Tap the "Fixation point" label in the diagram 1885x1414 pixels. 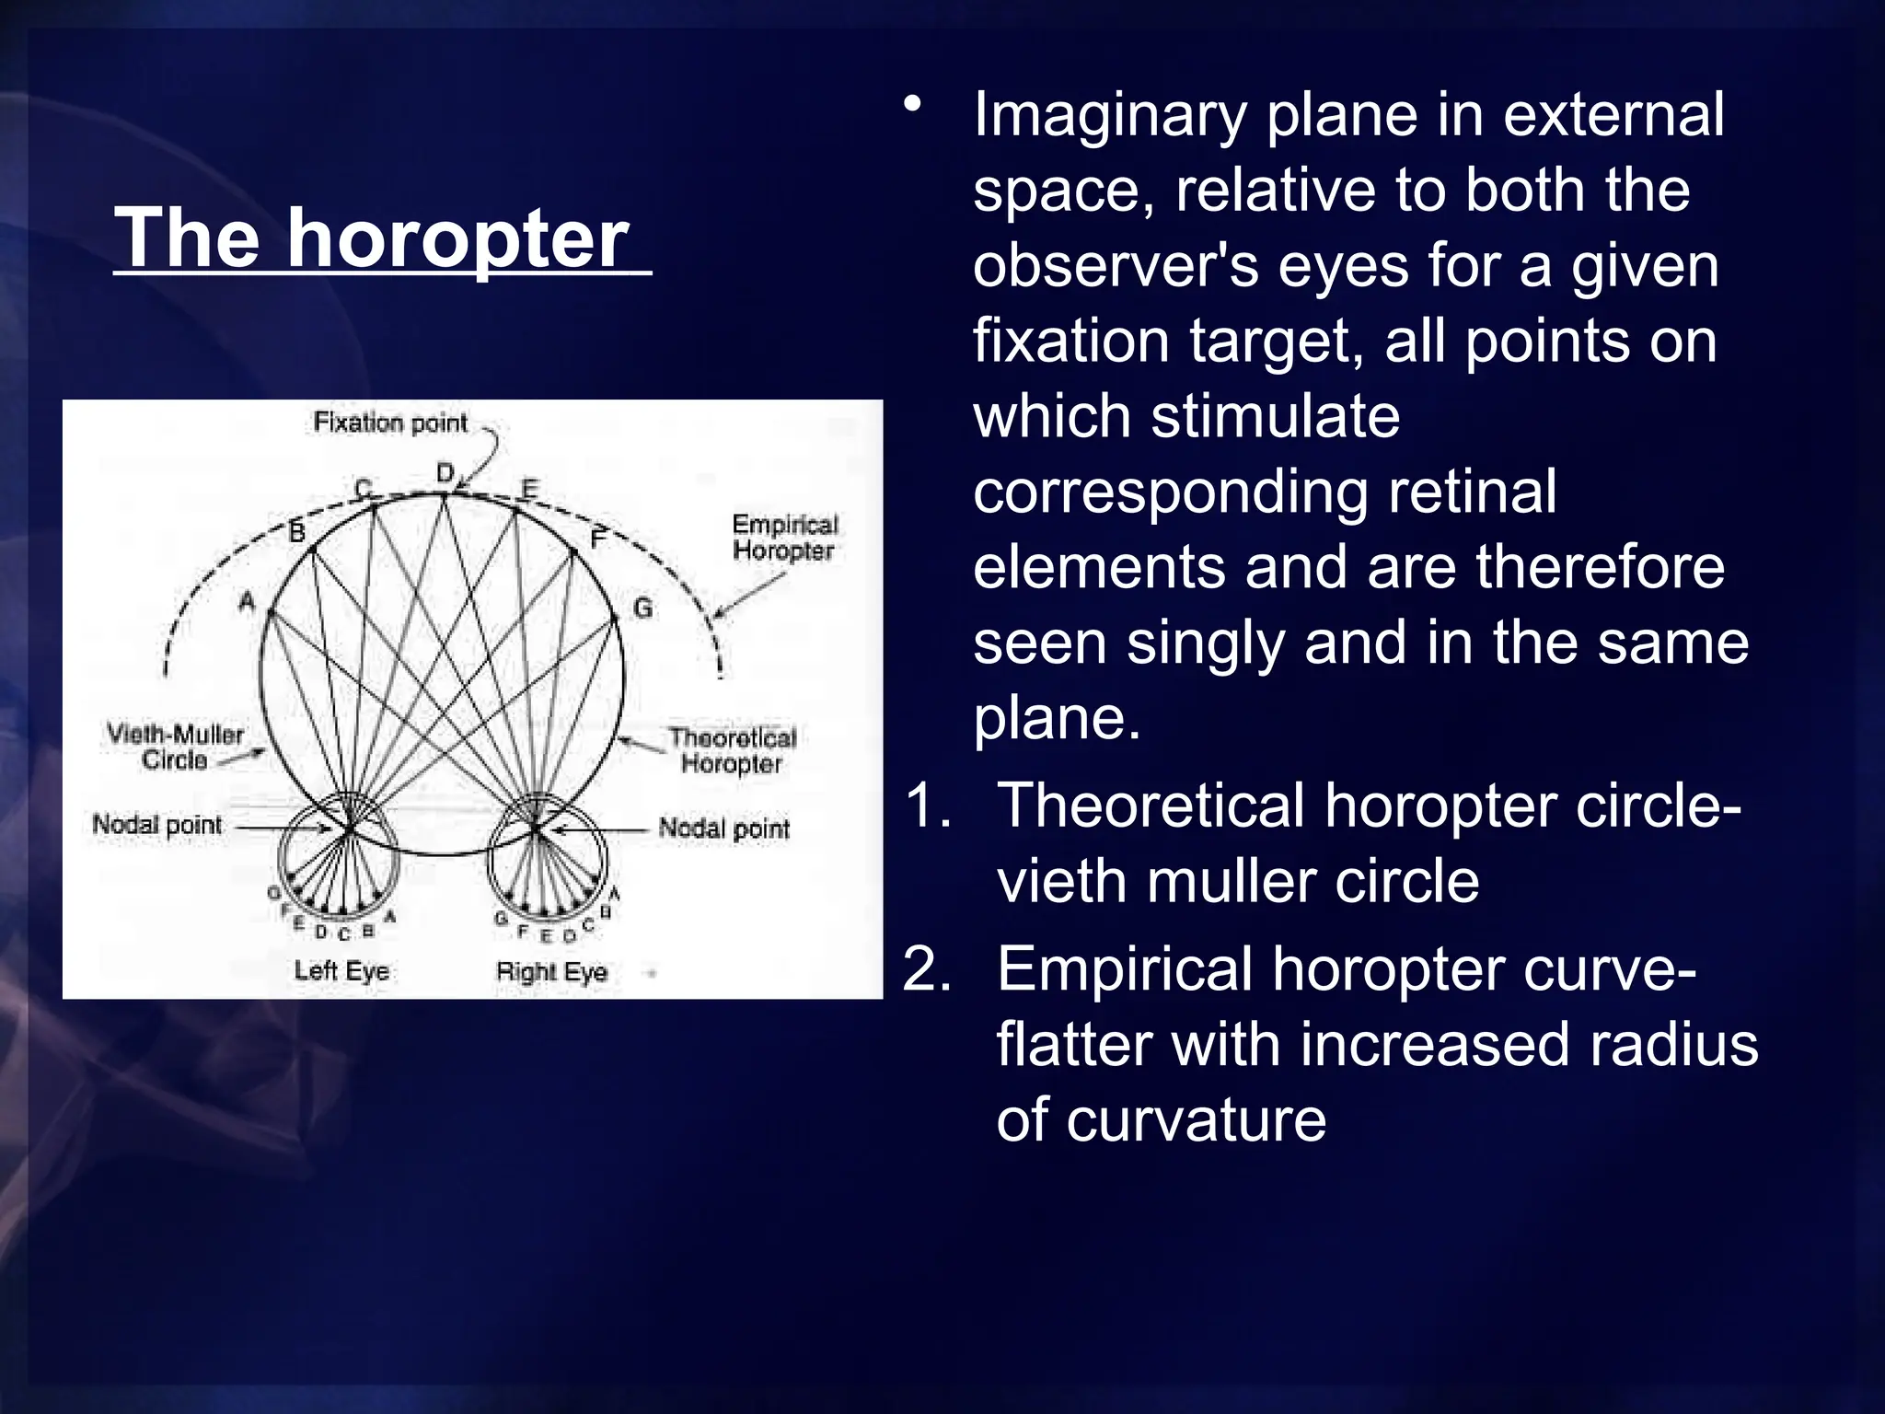point(390,423)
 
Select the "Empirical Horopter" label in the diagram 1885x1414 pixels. point(784,538)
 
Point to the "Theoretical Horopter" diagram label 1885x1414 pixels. point(732,750)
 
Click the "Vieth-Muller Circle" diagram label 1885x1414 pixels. point(175,747)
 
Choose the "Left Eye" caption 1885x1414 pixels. point(341,970)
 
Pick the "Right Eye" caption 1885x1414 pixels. point(551,972)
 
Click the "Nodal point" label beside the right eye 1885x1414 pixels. point(724,829)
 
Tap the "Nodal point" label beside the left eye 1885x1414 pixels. point(157,825)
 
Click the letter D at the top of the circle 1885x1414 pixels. point(445,473)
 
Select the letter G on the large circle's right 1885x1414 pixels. point(642,608)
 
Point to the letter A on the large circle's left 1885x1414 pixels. point(247,602)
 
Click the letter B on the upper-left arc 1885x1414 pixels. point(296,532)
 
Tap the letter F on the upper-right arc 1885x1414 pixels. point(598,539)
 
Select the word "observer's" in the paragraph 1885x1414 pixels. point(1116,266)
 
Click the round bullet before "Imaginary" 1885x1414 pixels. point(911,105)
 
